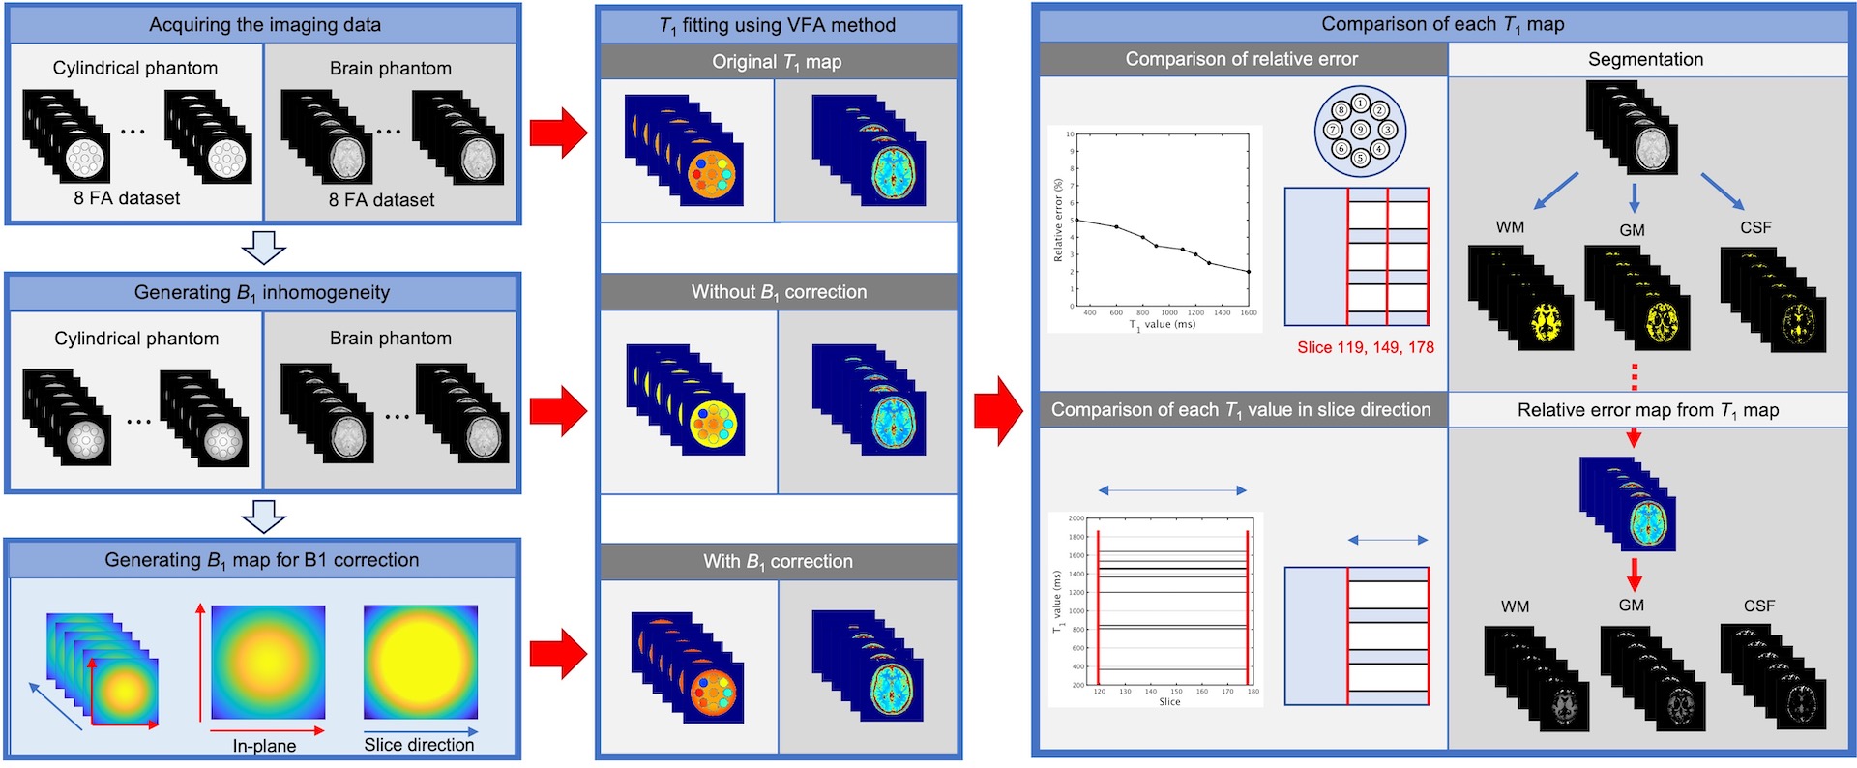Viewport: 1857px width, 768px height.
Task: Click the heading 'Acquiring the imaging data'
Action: coord(264,25)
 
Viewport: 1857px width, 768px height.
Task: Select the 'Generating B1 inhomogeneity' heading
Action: coord(262,292)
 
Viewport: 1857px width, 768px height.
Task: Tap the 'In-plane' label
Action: coord(264,746)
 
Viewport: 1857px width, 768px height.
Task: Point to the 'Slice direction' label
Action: coord(419,745)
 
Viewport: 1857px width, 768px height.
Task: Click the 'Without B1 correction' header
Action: coord(779,292)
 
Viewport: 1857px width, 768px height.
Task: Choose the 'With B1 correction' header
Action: coord(778,561)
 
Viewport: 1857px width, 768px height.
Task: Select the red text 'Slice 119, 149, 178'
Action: coord(1366,347)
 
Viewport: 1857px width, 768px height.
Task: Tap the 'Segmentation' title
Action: coord(1645,59)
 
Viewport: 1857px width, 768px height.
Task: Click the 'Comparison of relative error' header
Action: coord(1241,59)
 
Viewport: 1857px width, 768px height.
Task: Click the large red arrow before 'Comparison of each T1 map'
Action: coord(997,411)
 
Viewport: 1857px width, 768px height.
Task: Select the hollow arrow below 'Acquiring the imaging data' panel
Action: coord(263,248)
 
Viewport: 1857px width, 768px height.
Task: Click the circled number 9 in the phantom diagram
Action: coord(1360,130)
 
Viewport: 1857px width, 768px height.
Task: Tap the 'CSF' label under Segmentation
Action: coord(1755,227)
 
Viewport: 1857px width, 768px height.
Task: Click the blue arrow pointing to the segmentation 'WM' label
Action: coord(1556,191)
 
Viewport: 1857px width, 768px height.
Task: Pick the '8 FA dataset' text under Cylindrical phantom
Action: coord(127,198)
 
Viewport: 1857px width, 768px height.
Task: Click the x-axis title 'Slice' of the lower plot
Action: coord(1169,702)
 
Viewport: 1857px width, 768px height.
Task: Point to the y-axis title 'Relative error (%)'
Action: coord(1058,221)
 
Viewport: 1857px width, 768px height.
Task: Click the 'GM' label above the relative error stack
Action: coord(1631,606)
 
